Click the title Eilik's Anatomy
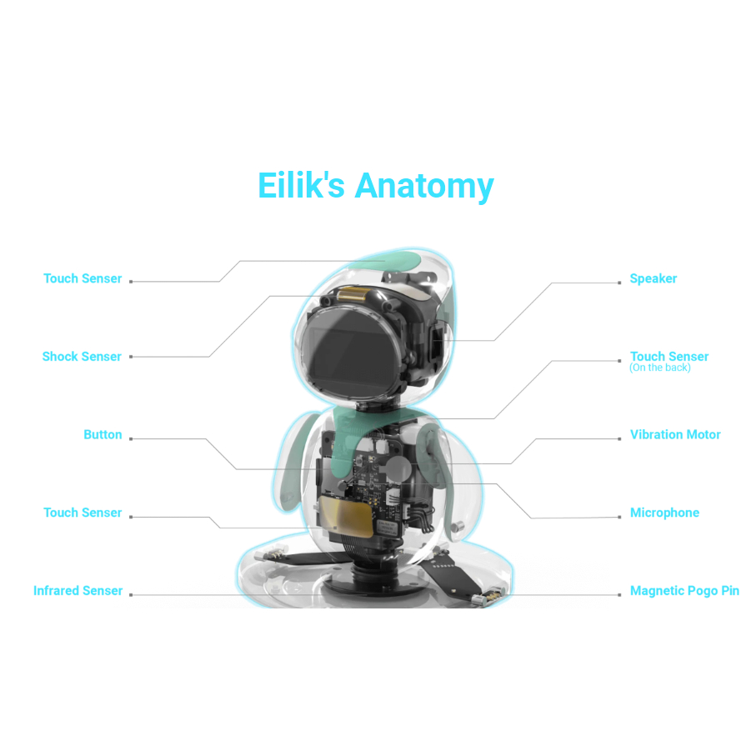tap(376, 186)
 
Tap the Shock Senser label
tap(82, 357)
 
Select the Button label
tap(103, 435)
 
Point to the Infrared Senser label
tap(78, 591)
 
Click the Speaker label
tap(653, 278)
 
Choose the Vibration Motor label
tap(675, 435)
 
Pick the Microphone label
tap(665, 513)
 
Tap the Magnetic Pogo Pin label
tap(684, 591)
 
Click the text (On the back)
tap(660, 368)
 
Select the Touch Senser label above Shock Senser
tap(83, 278)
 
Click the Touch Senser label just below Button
tap(83, 513)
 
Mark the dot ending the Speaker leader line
tap(619, 283)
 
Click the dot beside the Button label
tap(131, 439)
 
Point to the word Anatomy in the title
tap(424, 187)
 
